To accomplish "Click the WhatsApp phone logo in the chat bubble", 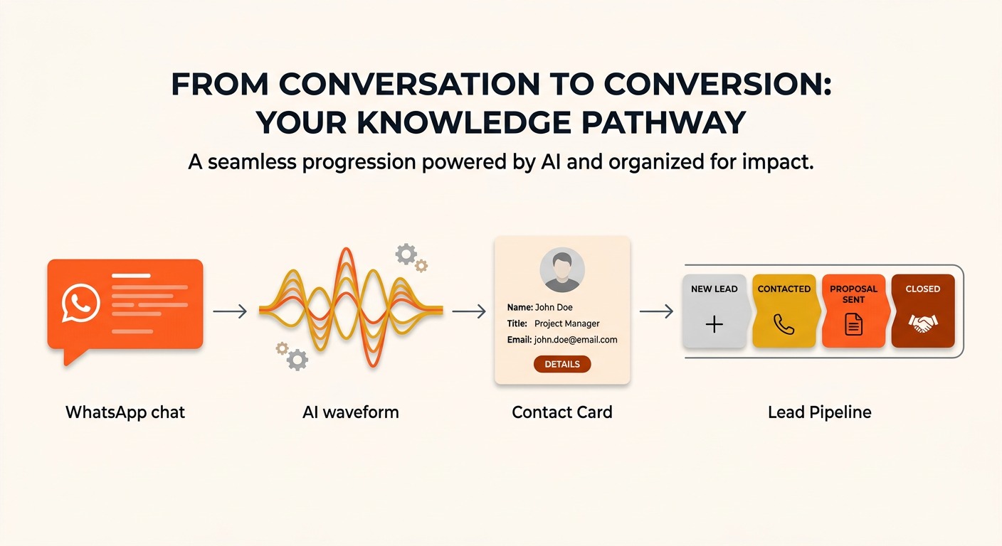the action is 80,303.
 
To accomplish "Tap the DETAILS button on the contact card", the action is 561,364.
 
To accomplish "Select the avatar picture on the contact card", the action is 561,270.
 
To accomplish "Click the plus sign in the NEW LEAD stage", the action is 714,324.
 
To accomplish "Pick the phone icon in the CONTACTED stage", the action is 784,324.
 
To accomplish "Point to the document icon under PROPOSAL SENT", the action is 853,324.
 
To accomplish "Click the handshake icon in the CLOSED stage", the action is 923,323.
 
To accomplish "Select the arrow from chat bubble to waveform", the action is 230,311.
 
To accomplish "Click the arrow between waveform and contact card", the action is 469,311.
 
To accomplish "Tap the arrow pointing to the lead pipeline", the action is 656,311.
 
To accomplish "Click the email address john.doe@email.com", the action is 576,340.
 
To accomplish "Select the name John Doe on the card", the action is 554,307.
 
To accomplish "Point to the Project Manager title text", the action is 566,323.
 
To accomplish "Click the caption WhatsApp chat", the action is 125,412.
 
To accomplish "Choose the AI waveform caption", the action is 351,412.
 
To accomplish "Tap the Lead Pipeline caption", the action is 820,412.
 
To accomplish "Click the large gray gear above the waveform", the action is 406,254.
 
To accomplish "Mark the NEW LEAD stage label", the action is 714,289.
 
